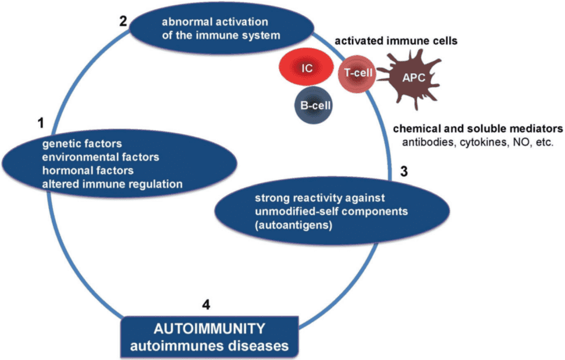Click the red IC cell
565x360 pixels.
[307, 68]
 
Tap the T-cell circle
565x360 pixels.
[356, 75]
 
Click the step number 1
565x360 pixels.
[40, 123]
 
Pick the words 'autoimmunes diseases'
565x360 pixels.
[208, 345]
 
